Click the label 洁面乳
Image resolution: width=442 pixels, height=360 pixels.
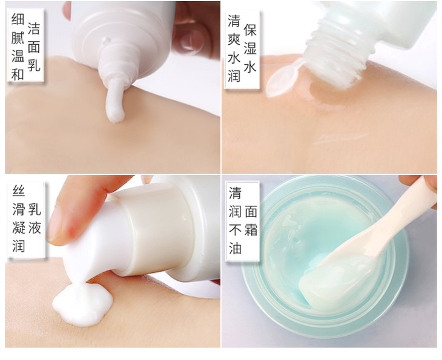34,47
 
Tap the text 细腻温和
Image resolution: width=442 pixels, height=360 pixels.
18,47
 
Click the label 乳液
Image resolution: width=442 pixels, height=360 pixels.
35,218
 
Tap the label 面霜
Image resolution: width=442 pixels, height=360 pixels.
251,220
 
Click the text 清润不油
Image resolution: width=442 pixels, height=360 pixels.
235,220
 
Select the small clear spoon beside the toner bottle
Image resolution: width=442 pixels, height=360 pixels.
282,78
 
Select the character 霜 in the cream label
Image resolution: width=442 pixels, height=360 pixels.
251,229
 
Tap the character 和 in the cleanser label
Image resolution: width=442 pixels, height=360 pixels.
18,74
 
